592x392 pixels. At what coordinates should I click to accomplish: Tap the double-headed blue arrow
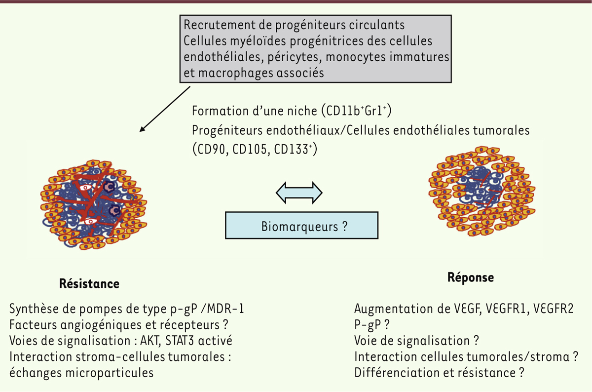pyautogui.click(x=298, y=192)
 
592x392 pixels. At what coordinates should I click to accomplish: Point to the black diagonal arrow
pyautogui.click(x=165, y=110)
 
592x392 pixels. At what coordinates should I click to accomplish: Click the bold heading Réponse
pyautogui.click(x=470, y=277)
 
